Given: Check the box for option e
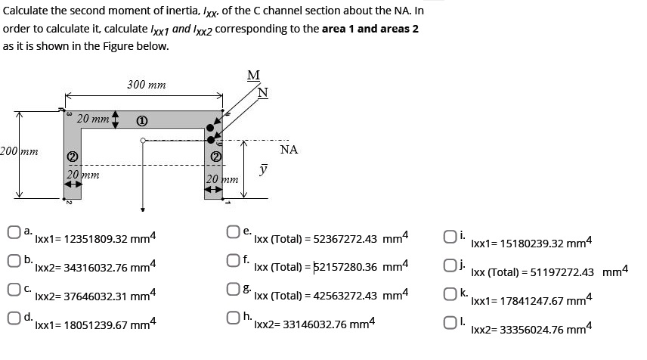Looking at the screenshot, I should coord(235,231).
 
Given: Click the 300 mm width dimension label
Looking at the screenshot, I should coord(147,85).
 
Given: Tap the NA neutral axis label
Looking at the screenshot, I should coord(289,150).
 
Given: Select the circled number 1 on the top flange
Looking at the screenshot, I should coord(141,120).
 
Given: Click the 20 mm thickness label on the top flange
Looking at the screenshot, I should coord(93,118).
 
